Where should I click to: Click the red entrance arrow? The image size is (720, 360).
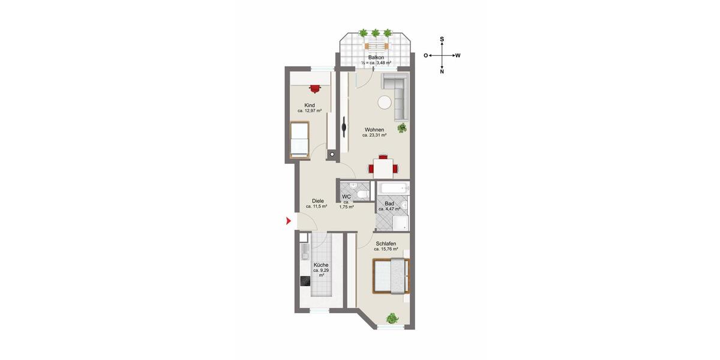click(x=287, y=222)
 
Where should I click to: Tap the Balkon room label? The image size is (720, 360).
click(x=376, y=58)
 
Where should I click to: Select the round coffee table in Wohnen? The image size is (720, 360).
click(x=384, y=103)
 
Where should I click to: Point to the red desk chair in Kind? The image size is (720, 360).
click(x=315, y=88)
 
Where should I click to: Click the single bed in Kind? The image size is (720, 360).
click(x=299, y=139)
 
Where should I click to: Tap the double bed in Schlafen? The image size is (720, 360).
click(x=391, y=276)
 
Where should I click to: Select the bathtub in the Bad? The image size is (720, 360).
click(x=393, y=190)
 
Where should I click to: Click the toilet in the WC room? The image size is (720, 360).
click(x=362, y=194)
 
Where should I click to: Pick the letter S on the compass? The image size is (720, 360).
click(x=442, y=40)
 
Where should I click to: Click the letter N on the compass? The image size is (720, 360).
click(x=442, y=72)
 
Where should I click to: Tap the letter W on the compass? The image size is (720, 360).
click(x=458, y=55)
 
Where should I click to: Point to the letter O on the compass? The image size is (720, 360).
click(x=426, y=55)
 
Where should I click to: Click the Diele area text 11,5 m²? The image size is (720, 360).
click(x=316, y=206)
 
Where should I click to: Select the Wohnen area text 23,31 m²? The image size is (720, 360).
click(x=374, y=136)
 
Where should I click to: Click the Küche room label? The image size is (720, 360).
click(x=320, y=265)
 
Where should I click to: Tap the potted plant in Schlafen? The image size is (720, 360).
click(x=392, y=319)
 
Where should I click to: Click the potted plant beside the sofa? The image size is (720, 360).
click(x=402, y=128)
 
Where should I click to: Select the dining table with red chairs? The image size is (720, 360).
click(x=382, y=166)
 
